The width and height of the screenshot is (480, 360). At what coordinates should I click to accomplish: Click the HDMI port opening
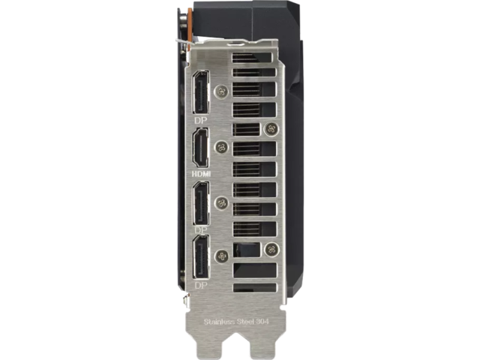[200, 148]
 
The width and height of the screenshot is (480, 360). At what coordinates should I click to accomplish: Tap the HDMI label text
[201, 174]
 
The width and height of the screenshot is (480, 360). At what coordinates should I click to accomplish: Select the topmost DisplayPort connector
[200, 92]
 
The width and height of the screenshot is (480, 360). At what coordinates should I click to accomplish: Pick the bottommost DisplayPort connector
[201, 257]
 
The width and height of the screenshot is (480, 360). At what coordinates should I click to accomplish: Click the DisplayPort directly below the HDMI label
[201, 203]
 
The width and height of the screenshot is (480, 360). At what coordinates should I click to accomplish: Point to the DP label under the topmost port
[200, 121]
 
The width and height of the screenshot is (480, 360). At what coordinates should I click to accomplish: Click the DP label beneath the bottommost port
[201, 286]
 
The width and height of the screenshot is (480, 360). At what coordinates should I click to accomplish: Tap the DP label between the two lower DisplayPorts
[201, 229]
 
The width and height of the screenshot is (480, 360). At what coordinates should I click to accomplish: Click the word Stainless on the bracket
[217, 322]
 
